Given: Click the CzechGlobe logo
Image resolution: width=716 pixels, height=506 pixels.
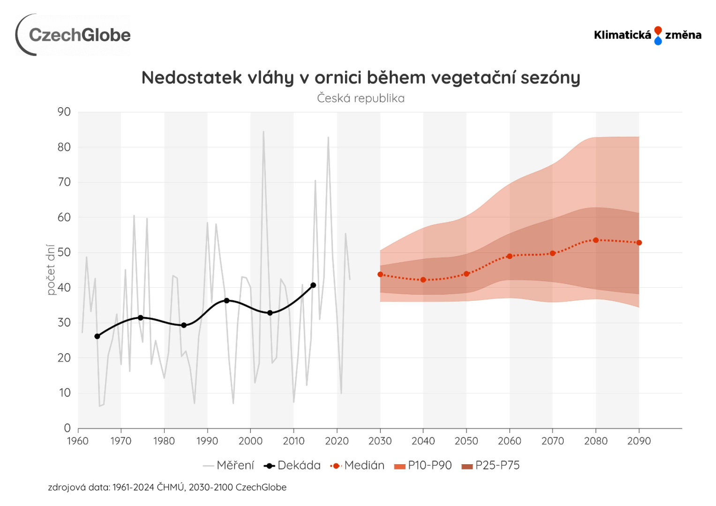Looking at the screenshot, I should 73,35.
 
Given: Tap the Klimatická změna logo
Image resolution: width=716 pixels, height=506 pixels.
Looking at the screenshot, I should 648,35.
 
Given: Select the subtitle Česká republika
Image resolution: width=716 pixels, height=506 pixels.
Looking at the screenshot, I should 361,98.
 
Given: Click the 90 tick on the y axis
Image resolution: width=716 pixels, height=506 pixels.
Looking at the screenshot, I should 64,112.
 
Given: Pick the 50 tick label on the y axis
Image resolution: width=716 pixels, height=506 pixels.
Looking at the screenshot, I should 64,253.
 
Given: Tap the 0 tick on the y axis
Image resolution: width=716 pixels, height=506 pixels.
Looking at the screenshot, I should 68,428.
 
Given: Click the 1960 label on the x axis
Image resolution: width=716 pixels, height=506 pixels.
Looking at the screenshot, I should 78,441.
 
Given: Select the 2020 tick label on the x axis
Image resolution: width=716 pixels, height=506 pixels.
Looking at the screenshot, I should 337,441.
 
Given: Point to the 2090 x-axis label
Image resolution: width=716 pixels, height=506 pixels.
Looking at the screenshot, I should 639,441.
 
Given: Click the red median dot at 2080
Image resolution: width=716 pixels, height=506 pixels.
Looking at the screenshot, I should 596,240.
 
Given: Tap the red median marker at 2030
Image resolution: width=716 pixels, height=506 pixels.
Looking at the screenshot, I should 380,275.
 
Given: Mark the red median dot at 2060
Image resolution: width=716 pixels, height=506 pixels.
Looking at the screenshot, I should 510,256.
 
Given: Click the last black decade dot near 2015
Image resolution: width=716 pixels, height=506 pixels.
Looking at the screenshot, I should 313,285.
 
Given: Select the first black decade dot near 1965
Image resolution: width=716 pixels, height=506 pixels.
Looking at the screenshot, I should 97,336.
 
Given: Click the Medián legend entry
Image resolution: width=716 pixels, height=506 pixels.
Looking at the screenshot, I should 358,465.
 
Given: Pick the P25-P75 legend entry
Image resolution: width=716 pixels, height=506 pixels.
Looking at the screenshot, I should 491,465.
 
